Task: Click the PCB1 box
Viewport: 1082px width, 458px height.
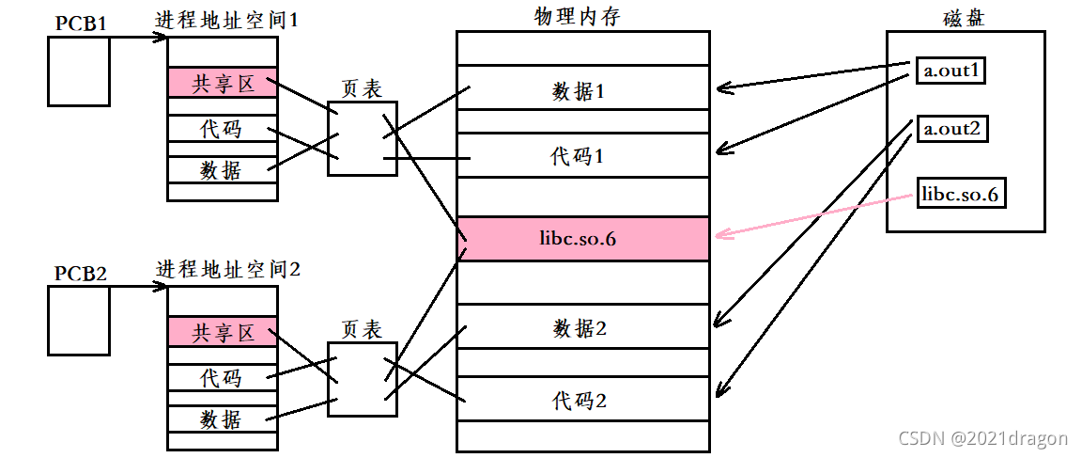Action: [79, 71]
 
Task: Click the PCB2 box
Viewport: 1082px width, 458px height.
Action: [79, 320]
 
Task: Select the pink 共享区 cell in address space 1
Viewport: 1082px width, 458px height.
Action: [223, 83]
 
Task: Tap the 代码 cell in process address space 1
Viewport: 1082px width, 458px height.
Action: [223, 129]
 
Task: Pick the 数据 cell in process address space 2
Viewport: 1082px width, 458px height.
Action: [223, 419]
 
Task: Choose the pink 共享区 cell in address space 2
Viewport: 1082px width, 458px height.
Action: [223, 331]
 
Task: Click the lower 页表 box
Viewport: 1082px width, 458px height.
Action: [362, 379]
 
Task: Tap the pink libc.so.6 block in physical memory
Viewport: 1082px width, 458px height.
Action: [582, 239]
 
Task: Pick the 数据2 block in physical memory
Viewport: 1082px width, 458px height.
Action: [582, 328]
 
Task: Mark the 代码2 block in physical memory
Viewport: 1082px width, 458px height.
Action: [582, 400]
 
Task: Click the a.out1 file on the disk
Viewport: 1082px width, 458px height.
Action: [951, 71]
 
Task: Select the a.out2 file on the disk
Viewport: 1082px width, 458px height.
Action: [951, 129]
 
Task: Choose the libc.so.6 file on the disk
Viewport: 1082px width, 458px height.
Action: [960, 196]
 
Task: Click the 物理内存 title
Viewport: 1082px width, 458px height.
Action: [582, 16]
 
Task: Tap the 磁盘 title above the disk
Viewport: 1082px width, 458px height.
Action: [965, 18]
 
